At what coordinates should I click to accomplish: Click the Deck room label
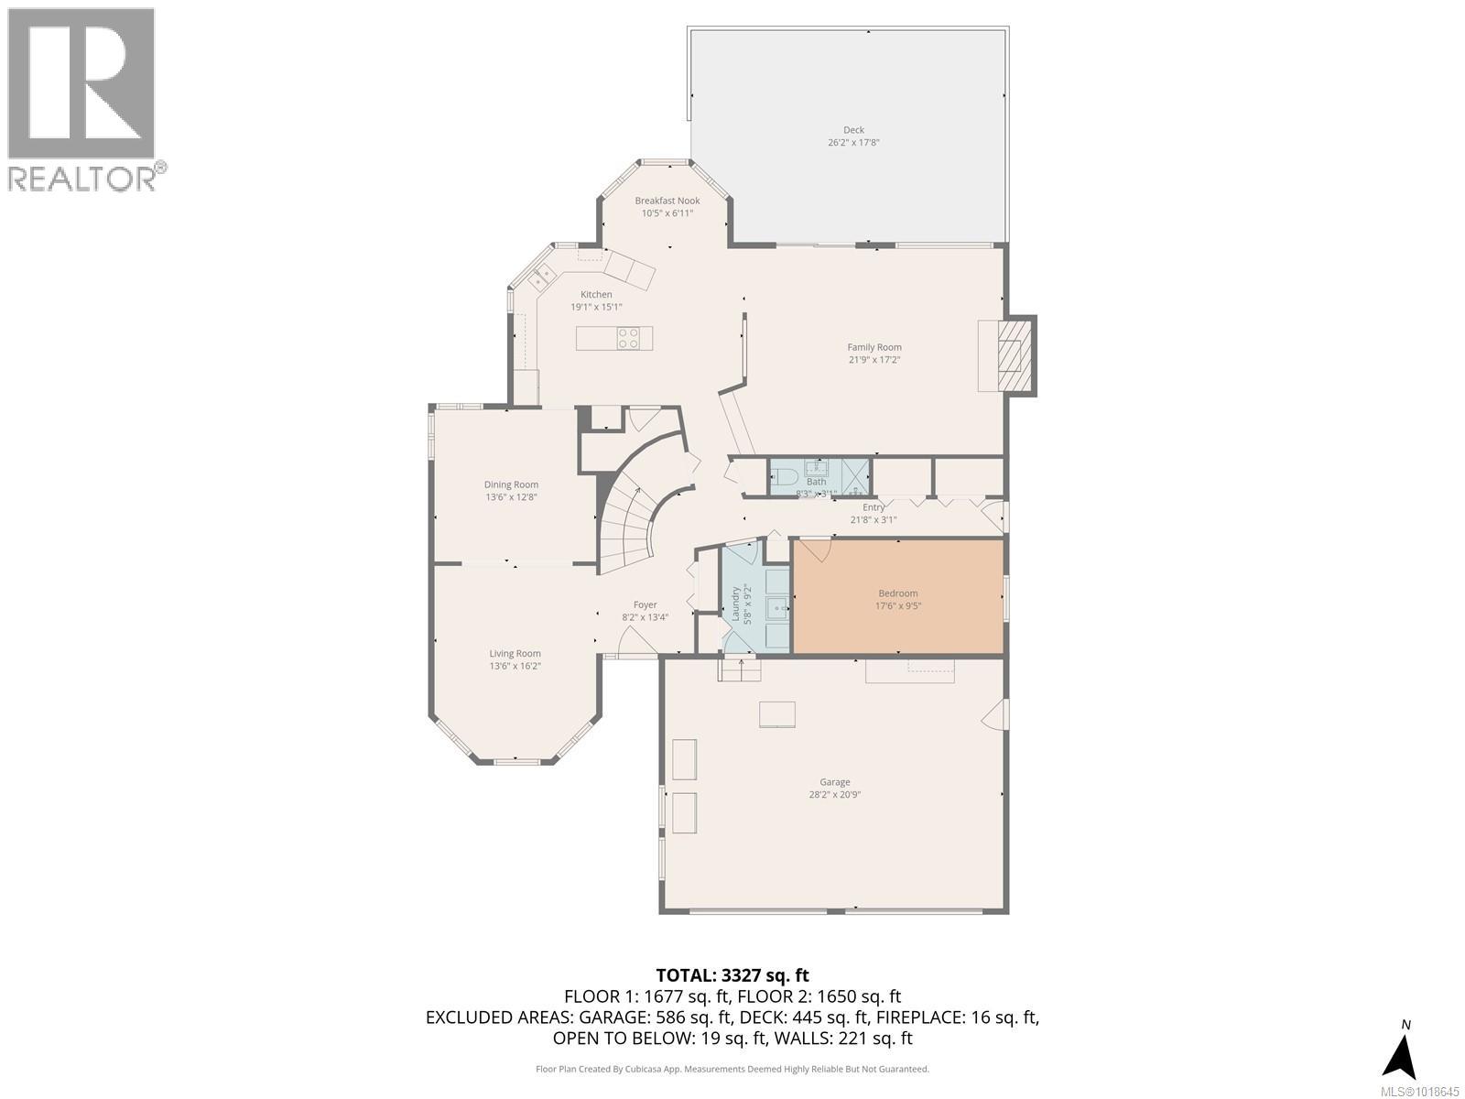point(853,130)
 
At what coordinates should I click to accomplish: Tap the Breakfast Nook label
point(667,201)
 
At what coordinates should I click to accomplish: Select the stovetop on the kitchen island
point(628,338)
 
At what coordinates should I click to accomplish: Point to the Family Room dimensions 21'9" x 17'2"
point(874,360)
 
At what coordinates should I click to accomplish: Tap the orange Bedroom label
point(897,593)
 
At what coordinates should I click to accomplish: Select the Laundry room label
point(734,603)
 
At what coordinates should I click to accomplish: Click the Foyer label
point(646,604)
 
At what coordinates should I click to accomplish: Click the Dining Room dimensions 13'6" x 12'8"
point(511,497)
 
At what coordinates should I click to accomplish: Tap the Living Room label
point(515,653)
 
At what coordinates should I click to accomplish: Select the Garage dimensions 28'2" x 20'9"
point(834,795)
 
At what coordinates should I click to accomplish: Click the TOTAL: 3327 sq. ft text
point(732,975)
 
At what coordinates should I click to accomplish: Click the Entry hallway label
point(874,507)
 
